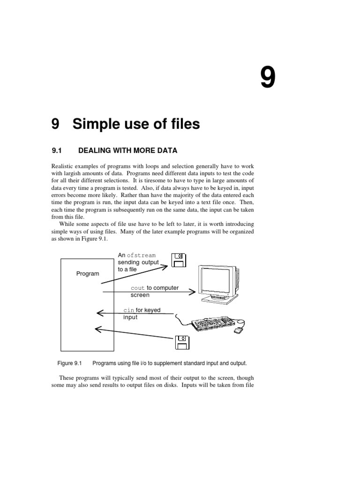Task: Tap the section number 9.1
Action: coord(57,150)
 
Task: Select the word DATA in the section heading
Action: coord(167,150)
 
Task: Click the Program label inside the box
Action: coord(88,274)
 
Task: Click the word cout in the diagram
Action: coord(138,288)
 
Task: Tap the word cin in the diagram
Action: coord(128,310)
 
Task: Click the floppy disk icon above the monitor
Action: coord(179,260)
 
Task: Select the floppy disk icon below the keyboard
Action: coord(182,342)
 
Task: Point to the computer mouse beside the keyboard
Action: coord(239,331)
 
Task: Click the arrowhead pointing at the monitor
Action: coord(192,292)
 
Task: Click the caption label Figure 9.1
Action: coord(69,363)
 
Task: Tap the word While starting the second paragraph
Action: coord(67,224)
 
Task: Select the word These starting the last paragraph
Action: coord(67,378)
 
